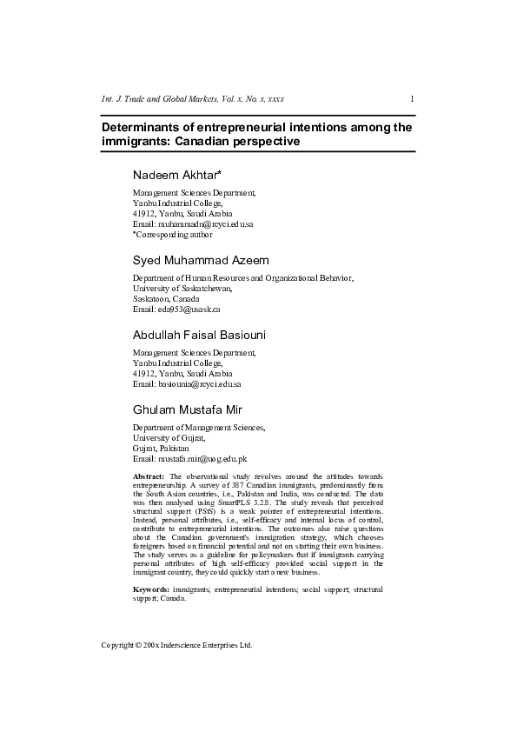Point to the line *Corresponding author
(172, 234)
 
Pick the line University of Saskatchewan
(182, 288)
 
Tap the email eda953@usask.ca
(189, 309)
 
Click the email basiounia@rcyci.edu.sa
(199, 383)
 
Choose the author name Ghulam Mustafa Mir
(188, 409)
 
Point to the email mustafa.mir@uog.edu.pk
(202, 458)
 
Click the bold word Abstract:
(149, 477)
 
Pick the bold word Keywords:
(151, 589)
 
